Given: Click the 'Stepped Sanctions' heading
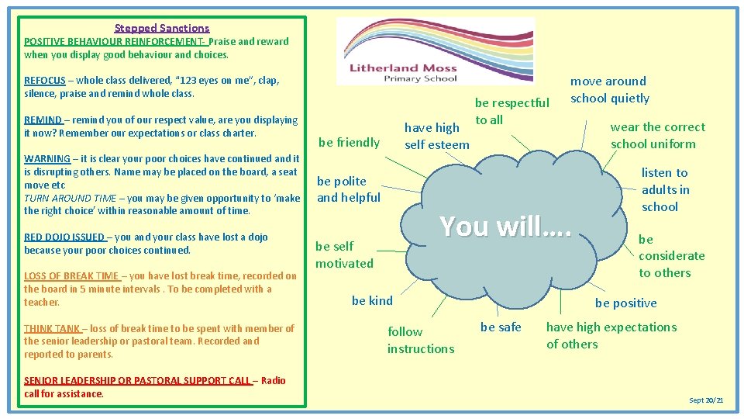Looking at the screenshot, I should pos(162,28).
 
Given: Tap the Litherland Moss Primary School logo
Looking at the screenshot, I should pos(436,51).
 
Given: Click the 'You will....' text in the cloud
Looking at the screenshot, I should pos(505,225).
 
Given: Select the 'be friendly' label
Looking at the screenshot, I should pos(349,142).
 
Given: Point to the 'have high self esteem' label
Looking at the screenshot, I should pos(436,136).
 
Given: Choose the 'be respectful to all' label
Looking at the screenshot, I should pos(511,111).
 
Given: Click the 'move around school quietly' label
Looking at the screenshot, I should pos(610,89).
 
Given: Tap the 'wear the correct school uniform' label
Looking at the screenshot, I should pos(657,135).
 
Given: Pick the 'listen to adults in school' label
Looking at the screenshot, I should pos(664,189).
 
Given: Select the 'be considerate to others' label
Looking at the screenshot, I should pos(671,256).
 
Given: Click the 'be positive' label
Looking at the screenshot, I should pos(625,303).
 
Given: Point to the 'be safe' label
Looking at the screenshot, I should pos(501,327).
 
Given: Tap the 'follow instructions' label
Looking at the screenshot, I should pos(421,340).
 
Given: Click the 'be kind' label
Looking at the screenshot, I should pos(372,300).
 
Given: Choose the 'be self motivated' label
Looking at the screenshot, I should pos(344,255).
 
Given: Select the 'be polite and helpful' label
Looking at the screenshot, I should pos(349,189).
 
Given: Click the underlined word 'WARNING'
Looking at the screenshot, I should pos(46,158).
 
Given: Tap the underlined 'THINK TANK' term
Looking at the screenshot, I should pos(52,328).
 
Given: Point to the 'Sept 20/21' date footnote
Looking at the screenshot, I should pos(706,400).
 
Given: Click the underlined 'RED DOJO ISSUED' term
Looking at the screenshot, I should pos(64,237).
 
